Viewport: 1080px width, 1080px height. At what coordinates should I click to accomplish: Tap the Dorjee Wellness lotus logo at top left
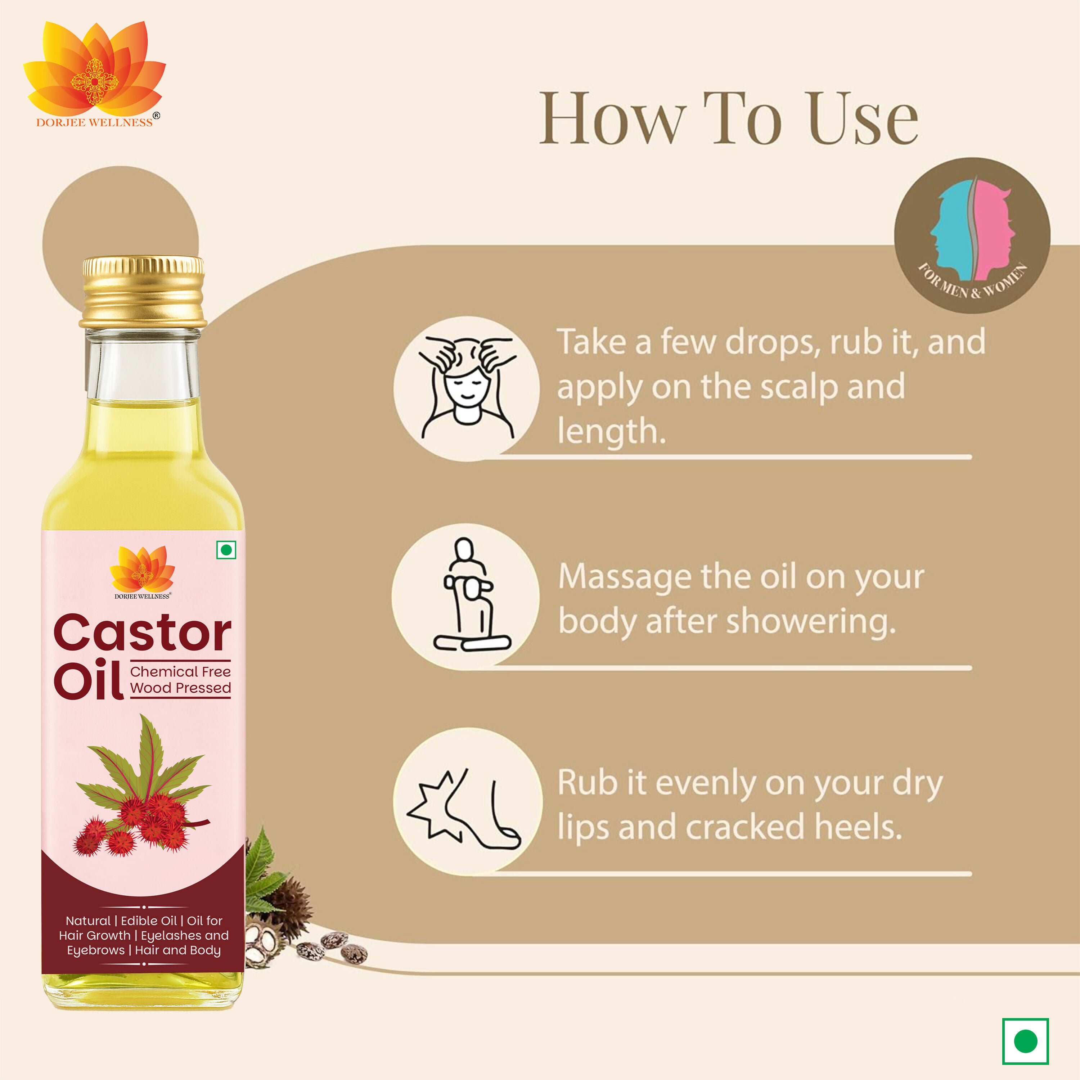94,67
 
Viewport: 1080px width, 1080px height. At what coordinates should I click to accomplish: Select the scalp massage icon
467,388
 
